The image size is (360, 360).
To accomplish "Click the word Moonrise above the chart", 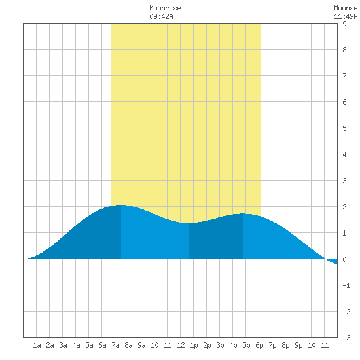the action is click(x=165, y=8).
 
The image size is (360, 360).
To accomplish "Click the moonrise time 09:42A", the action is click(x=161, y=16).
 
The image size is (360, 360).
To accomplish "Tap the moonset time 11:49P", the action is click(x=346, y=16).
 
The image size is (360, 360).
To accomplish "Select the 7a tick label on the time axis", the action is click(x=115, y=345).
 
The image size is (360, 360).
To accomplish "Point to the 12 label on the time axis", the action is click(x=181, y=345).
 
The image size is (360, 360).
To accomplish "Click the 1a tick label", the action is click(x=37, y=345).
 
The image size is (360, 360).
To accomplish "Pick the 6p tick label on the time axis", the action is click(x=259, y=345).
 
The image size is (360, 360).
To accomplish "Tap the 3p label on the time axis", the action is click(x=220, y=345).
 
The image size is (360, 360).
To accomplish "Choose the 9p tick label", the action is click(x=298, y=345).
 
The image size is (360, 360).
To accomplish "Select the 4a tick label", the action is click(x=76, y=345).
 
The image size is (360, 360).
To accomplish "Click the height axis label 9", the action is click(x=344, y=24).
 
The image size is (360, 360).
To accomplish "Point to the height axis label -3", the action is click(x=346, y=338).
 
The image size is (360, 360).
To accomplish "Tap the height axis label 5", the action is click(x=344, y=128).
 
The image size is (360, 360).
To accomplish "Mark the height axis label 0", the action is click(x=344, y=259).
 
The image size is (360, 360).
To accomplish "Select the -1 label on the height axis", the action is click(x=346, y=285).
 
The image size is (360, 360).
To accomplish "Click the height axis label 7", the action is click(x=344, y=76).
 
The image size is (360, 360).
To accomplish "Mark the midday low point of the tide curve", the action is click(x=189, y=223).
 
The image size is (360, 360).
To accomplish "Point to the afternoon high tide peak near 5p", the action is click(x=243, y=213).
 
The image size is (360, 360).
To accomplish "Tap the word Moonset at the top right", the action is click(x=347, y=8).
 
